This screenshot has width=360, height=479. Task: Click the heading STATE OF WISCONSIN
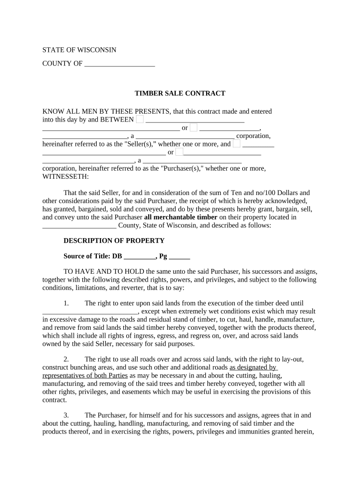79,50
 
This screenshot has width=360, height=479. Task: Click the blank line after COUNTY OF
120,64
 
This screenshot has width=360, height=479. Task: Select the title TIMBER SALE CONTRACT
180,93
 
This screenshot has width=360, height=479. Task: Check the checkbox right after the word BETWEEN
140,119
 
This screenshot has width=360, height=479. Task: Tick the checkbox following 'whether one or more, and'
237,144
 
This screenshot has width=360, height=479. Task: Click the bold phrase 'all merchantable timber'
180,217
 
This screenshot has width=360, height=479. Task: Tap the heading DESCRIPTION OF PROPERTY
114,240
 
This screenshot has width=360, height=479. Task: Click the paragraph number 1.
66,303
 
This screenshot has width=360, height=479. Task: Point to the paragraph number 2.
66,359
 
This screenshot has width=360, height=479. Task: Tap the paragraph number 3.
66,415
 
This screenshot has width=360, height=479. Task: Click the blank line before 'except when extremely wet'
90,311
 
